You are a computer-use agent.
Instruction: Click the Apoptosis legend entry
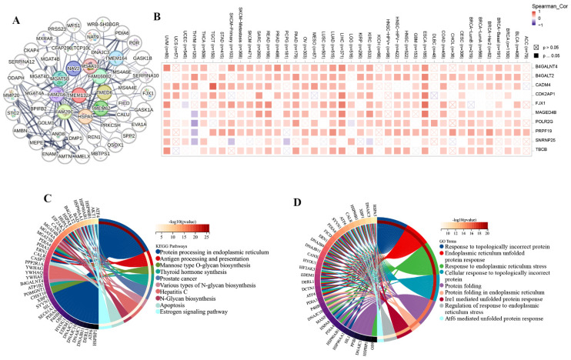pyautogui.click(x=185, y=284)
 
